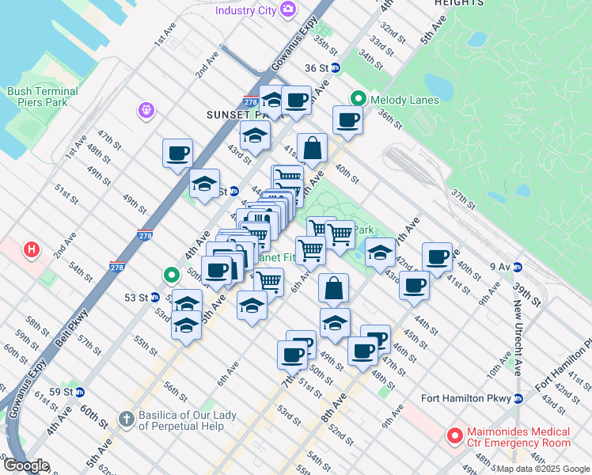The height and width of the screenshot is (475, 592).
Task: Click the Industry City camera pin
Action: click(x=287, y=9)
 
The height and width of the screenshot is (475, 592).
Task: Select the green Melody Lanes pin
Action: click(x=358, y=99)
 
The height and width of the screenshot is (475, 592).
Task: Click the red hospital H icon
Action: click(x=32, y=250)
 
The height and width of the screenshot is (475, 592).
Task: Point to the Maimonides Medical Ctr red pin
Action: click(x=454, y=435)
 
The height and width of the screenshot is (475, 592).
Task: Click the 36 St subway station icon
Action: click(x=336, y=68)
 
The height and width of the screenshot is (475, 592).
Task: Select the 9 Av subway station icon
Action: click(x=518, y=266)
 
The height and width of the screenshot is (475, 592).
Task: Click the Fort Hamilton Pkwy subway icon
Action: click(x=518, y=398)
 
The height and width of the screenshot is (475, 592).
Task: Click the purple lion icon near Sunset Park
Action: click(x=146, y=110)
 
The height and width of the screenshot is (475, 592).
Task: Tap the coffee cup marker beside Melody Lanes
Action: click(x=347, y=121)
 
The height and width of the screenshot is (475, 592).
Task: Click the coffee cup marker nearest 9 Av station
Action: click(x=437, y=256)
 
